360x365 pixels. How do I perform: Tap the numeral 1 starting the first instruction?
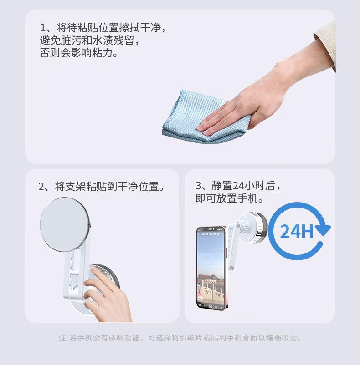click(x=43, y=28)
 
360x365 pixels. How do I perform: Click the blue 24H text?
click(x=296, y=231)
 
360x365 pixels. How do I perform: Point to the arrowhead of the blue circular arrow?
click(x=324, y=230)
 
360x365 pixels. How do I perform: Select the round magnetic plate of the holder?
click(x=64, y=225)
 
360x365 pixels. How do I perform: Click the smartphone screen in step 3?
click(x=211, y=268)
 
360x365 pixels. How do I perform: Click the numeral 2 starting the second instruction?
click(x=41, y=187)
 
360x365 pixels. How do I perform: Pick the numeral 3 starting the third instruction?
click(x=198, y=186)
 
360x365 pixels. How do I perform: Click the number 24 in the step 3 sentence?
click(x=238, y=186)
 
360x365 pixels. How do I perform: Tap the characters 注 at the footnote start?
click(x=62, y=338)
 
